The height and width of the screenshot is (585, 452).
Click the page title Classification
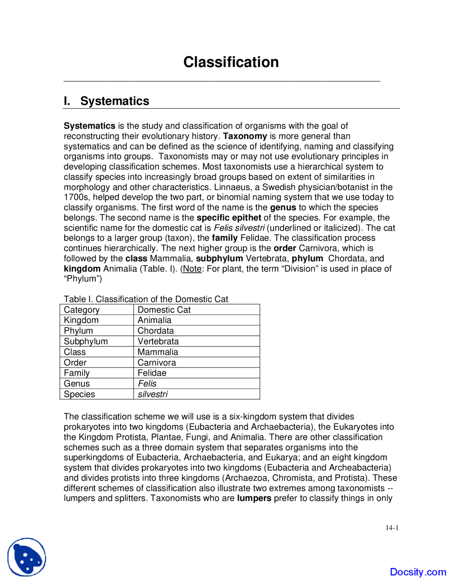[x=231, y=62]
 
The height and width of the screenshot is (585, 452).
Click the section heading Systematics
[x=114, y=101]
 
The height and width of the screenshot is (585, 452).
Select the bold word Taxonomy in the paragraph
[x=245, y=136]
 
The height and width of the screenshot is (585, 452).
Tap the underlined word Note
[x=192, y=269]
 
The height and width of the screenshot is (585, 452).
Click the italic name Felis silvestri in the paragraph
[x=239, y=228]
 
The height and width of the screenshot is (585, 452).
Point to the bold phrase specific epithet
[x=229, y=218]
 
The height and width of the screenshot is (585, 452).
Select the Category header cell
[x=82, y=310]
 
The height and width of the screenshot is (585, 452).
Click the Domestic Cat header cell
[x=164, y=310]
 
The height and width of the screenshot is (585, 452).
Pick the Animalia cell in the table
[x=154, y=320]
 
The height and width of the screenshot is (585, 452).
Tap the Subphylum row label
[x=85, y=341]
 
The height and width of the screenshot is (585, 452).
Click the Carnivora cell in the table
[x=156, y=362]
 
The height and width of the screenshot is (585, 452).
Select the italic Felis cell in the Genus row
[x=147, y=384]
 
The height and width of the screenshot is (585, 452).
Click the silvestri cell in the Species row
[x=153, y=394]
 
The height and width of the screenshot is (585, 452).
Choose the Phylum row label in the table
[x=78, y=331]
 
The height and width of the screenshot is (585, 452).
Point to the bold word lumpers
[x=254, y=498]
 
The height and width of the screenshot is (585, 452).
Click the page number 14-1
[x=392, y=528]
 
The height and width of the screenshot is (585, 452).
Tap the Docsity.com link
[x=418, y=572]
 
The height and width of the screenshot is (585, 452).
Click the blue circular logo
[x=27, y=557]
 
